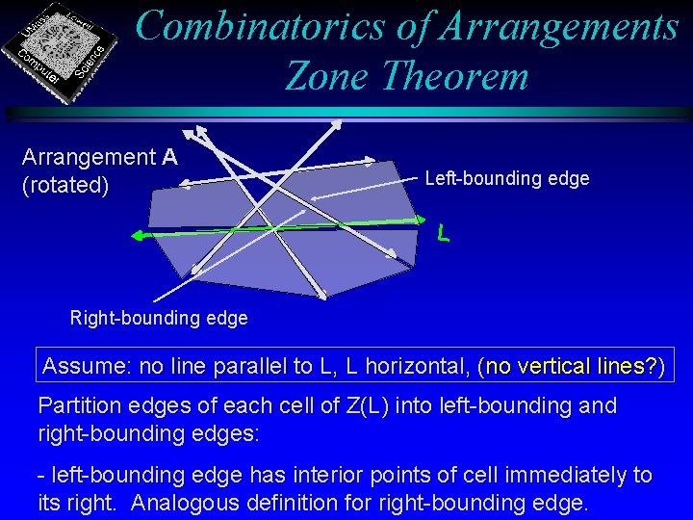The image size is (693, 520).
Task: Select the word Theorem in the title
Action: click(453, 74)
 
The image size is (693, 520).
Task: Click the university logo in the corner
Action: click(64, 48)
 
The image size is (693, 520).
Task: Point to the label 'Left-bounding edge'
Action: click(506, 178)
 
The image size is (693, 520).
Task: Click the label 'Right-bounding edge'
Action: click(159, 318)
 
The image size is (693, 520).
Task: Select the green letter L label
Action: click(443, 233)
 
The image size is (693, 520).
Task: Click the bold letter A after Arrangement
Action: click(169, 157)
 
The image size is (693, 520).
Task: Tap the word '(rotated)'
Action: click(64, 185)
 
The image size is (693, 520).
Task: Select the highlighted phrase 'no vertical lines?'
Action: click(572, 366)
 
